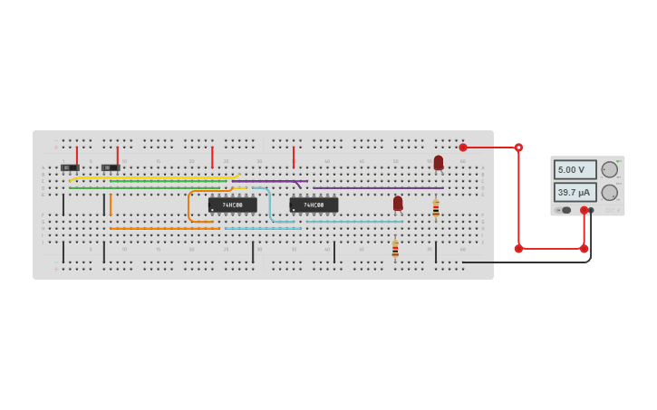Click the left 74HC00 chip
[232, 205]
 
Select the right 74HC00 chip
[314, 205]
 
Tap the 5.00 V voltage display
[575, 169]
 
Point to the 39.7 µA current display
[575, 192]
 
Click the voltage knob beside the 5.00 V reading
[610, 169]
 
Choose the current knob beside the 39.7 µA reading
[610, 192]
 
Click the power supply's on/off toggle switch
[563, 210]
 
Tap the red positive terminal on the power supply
[584, 210]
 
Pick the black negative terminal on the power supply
[591, 210]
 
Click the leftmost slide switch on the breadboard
[70, 167]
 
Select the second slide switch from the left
[111, 167]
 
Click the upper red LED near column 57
[439, 162]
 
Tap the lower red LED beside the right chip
[398, 204]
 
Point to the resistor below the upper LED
[436, 208]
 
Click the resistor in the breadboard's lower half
[395, 249]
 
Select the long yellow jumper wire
[154, 178]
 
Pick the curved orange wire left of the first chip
[189, 206]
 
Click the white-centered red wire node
[518, 148]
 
